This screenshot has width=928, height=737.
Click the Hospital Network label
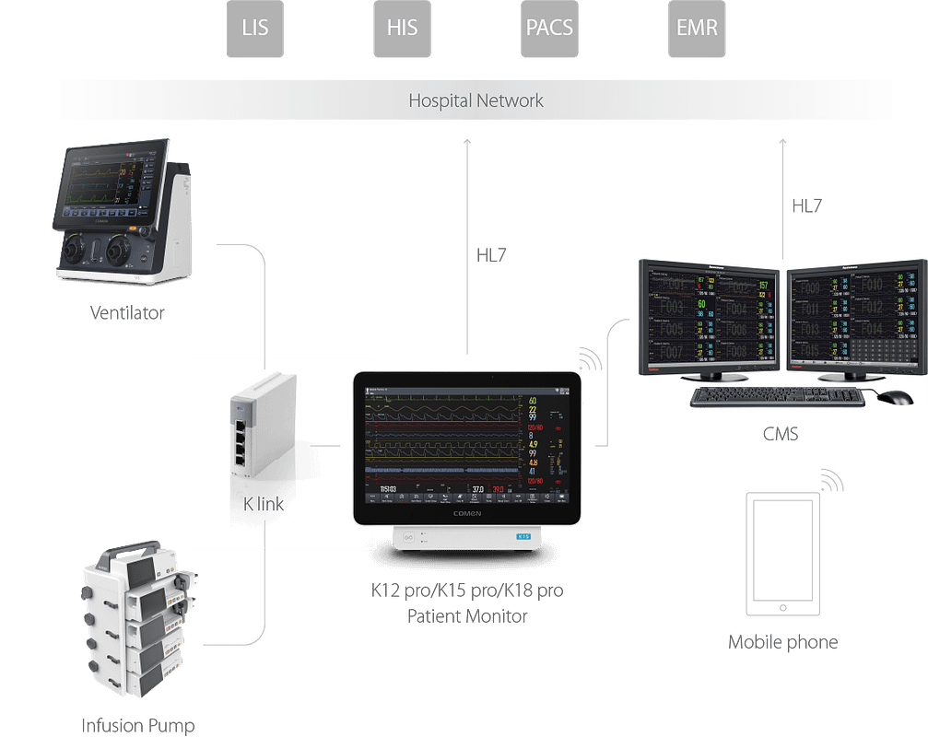click(x=476, y=100)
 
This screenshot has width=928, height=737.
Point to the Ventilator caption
click(x=127, y=313)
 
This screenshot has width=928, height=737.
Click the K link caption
click(x=263, y=504)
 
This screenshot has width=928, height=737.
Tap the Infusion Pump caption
click(x=138, y=725)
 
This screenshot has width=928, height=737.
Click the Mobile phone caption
click(x=782, y=642)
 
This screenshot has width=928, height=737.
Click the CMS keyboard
click(x=778, y=396)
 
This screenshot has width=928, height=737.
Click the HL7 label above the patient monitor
click(x=491, y=255)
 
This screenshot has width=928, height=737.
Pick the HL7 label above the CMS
click(x=806, y=206)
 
